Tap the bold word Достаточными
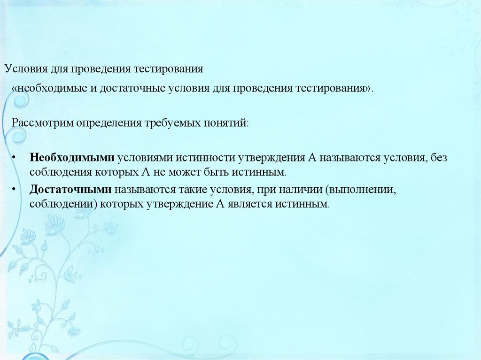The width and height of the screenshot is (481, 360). coord(70,190)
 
